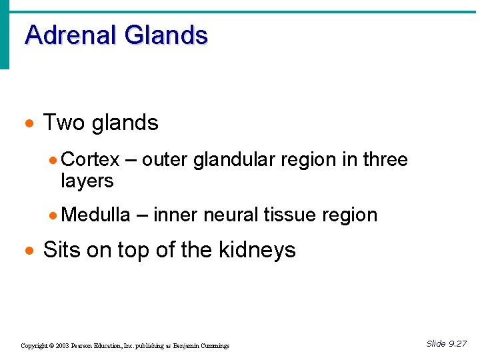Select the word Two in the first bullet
click(x=65, y=123)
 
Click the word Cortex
click(x=90, y=160)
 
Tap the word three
click(x=385, y=160)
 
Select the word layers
click(x=87, y=181)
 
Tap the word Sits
click(x=61, y=250)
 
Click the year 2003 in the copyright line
click(x=61, y=346)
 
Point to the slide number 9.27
click(x=457, y=344)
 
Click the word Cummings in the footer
click(x=213, y=346)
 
